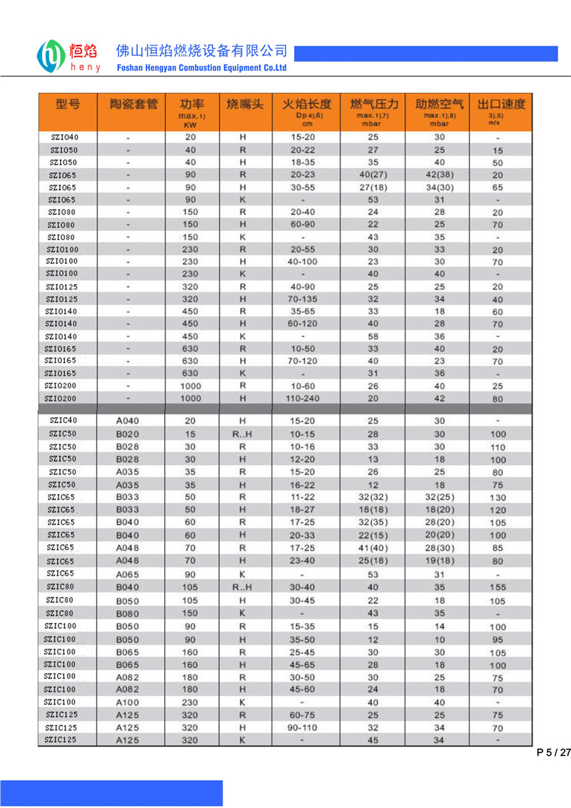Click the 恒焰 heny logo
point(69,55)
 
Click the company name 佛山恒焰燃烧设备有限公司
point(201,51)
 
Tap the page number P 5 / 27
point(553,752)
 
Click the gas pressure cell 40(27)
point(373,175)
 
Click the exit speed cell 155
point(497,587)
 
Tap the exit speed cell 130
point(497,498)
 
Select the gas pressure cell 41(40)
point(373,548)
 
